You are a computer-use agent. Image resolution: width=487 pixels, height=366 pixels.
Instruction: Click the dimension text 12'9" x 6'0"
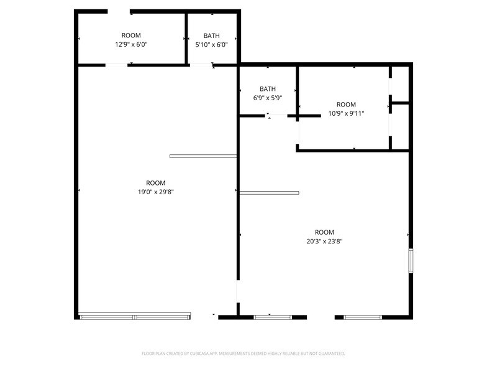[131, 45]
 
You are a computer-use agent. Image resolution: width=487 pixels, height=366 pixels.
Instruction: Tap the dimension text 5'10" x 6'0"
[211, 45]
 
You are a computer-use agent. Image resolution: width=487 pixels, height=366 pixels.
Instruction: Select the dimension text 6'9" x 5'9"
[268, 98]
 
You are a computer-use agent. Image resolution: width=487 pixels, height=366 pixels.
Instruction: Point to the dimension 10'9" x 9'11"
[346, 114]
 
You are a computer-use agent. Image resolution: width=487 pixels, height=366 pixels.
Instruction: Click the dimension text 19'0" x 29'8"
[155, 192]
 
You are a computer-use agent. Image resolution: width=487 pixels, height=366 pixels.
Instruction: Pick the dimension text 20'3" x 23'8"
[324, 242]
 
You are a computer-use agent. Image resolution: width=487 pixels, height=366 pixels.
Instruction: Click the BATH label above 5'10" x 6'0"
[211, 36]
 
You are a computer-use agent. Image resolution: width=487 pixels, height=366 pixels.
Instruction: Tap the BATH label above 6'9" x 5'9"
[268, 89]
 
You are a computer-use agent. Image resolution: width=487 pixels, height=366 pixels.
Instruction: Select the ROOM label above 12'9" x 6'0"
[131, 35]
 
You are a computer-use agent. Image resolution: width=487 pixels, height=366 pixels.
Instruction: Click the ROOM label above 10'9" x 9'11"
[346, 105]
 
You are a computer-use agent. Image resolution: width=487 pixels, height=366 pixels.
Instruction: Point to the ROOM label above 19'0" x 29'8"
[155, 183]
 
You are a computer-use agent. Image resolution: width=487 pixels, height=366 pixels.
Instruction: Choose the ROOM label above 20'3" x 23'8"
[324, 232]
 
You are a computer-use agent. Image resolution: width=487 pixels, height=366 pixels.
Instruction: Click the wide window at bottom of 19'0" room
[135, 317]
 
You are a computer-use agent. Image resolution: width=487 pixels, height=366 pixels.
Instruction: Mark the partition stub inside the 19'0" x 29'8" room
[203, 156]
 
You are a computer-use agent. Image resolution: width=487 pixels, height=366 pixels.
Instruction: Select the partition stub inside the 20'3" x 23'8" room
[269, 193]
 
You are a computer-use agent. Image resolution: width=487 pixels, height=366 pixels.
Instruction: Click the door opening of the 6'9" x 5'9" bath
[277, 115]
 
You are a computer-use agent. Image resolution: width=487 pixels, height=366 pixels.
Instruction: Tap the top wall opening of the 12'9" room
[119, 11]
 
